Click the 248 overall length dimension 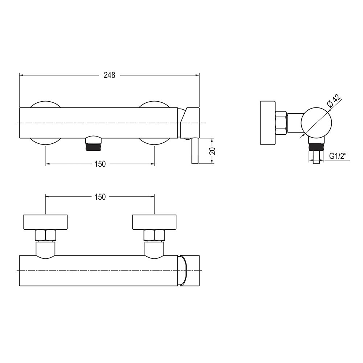[x=109, y=75]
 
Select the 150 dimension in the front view [x=100, y=164]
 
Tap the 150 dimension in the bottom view [x=100, y=197]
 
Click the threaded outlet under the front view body [x=93, y=143]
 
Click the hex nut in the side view [x=281, y=123]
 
